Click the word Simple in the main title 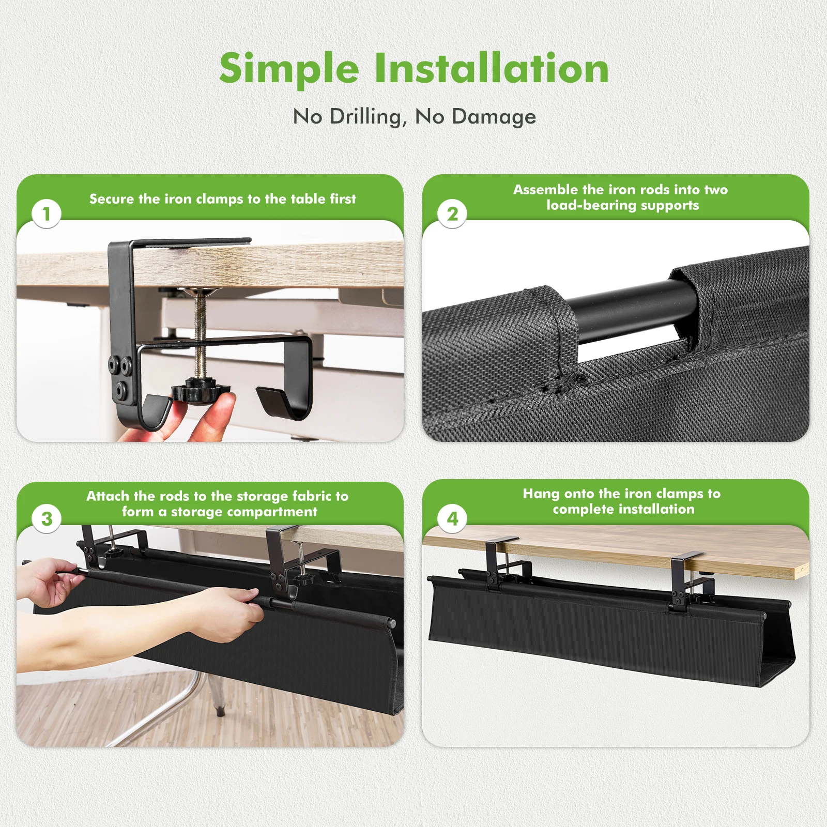(x=289, y=69)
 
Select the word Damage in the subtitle (x=494, y=117)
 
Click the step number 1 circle (x=47, y=213)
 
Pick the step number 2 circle (x=452, y=213)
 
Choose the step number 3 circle (x=47, y=518)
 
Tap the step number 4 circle (x=452, y=518)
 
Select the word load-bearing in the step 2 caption (x=591, y=205)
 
